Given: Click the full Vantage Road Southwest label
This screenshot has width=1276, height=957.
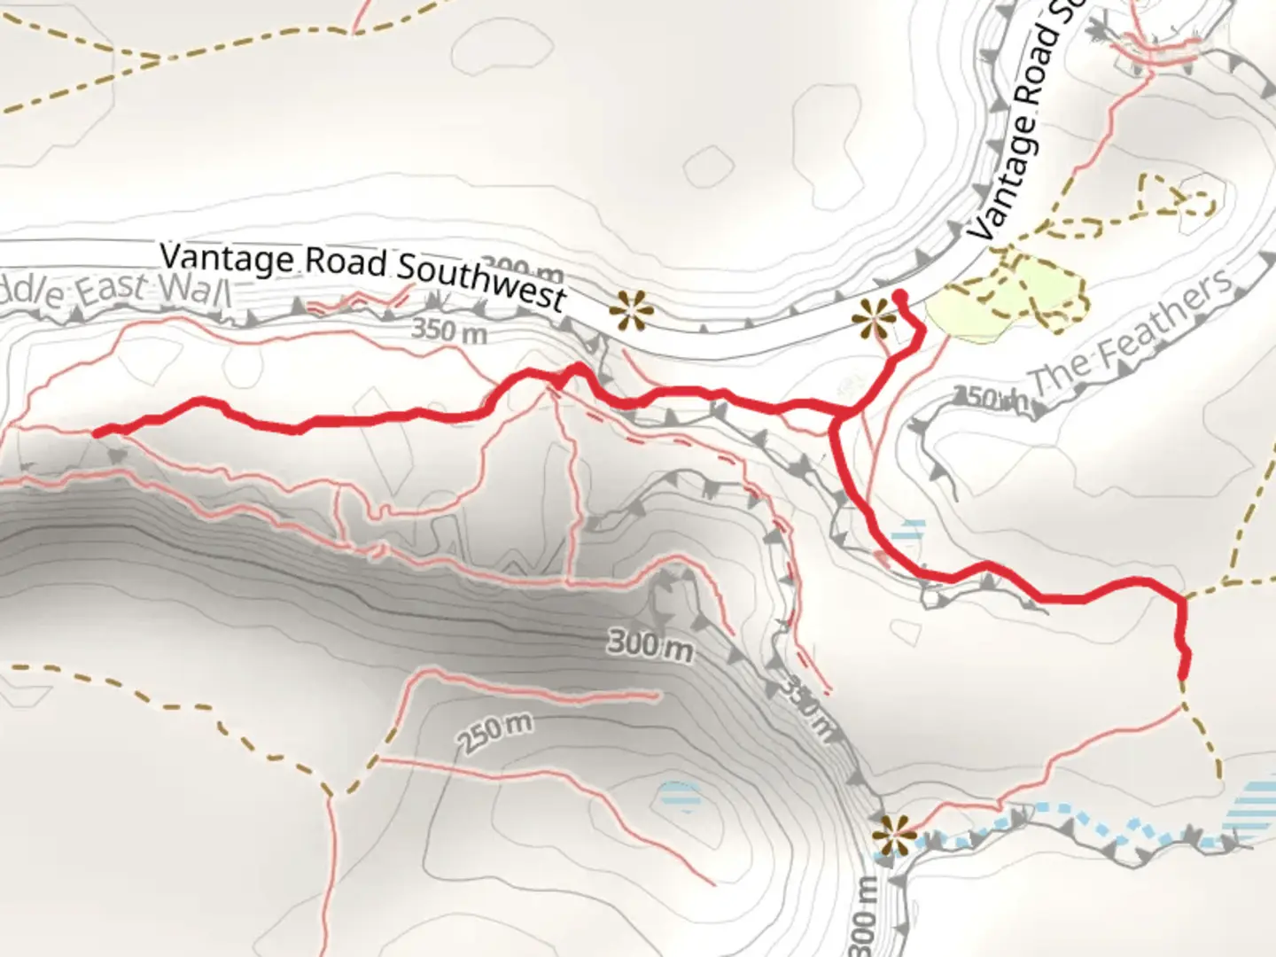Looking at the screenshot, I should (362, 275).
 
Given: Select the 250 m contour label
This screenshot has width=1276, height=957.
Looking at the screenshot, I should (495, 732).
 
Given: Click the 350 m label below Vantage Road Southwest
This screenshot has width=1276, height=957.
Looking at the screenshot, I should (449, 331).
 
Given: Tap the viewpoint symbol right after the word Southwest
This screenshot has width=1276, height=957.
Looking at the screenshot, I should (632, 310).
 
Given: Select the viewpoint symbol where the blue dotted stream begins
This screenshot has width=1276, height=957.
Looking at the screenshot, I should (892, 834).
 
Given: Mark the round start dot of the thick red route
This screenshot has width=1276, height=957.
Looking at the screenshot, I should (899, 296).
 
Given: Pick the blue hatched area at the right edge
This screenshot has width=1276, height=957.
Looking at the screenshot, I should (1254, 811).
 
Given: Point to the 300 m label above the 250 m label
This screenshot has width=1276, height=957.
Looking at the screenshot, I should (650, 644).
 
